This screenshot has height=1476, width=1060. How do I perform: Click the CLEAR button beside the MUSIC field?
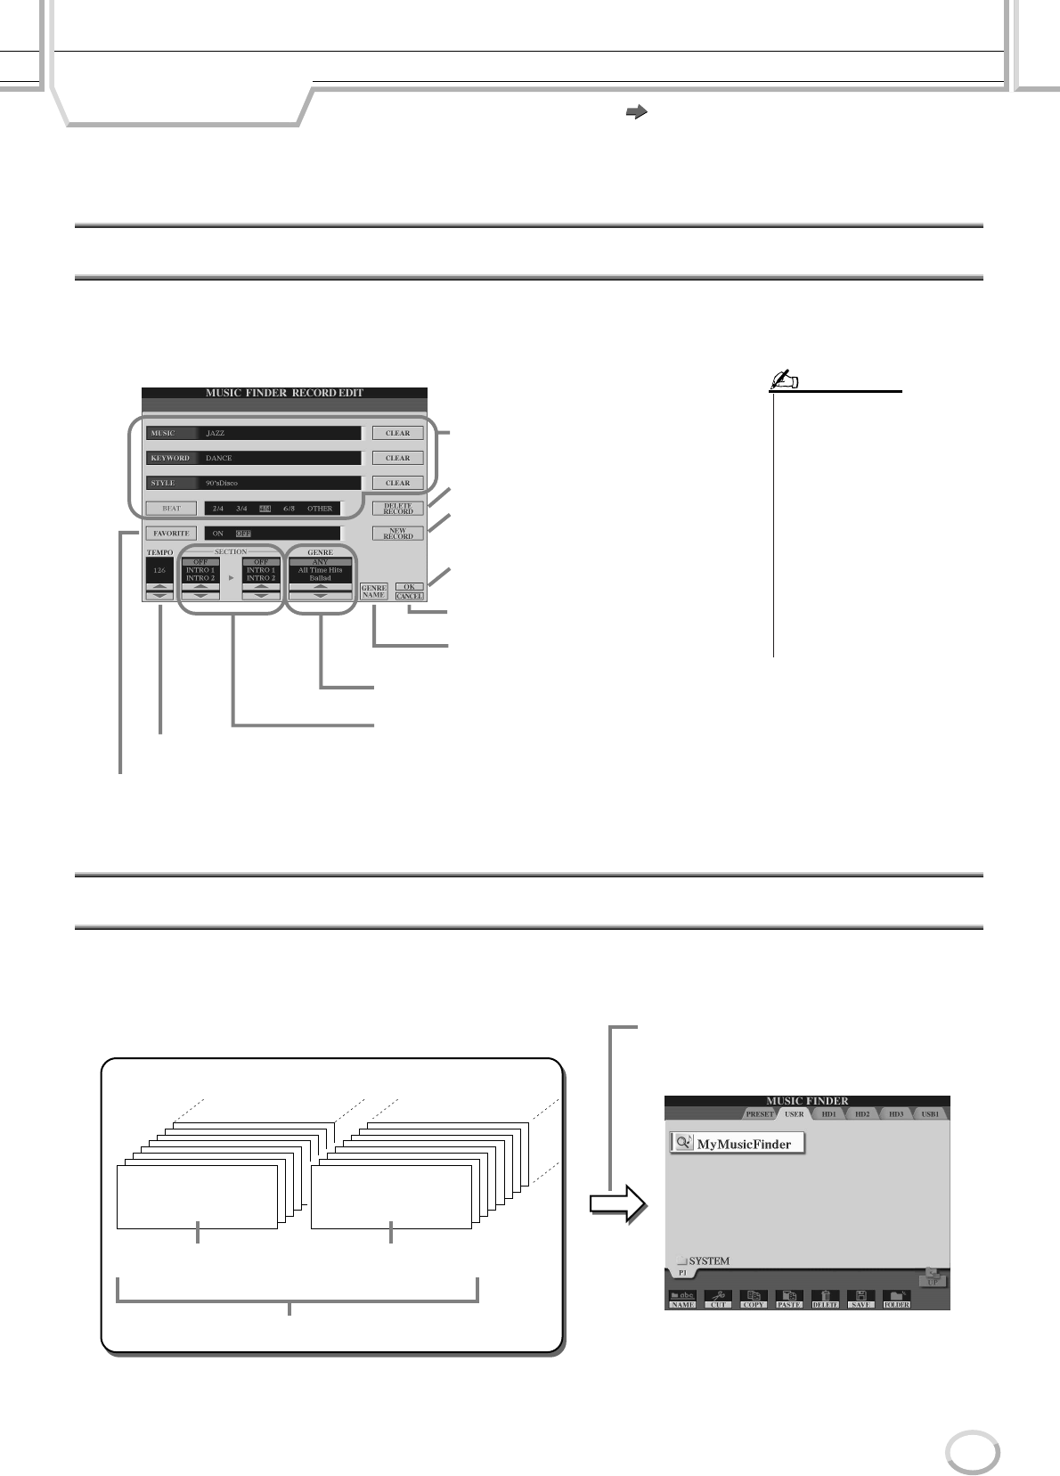(x=397, y=434)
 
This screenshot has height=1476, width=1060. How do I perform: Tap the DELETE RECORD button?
(x=397, y=509)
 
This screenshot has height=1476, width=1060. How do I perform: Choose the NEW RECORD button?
(x=397, y=534)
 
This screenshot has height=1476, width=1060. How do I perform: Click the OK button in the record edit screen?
(x=409, y=586)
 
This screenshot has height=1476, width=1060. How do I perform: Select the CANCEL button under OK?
(x=409, y=596)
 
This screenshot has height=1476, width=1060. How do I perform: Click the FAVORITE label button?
(x=171, y=534)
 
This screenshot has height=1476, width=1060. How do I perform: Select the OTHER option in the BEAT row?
(x=320, y=509)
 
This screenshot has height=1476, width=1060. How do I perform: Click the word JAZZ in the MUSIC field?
(x=216, y=434)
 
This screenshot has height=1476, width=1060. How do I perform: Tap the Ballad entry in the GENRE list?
(x=320, y=578)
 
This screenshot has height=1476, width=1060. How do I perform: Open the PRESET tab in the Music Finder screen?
(x=760, y=1114)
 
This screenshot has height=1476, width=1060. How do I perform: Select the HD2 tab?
(x=862, y=1114)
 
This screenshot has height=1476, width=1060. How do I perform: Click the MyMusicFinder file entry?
(x=737, y=1144)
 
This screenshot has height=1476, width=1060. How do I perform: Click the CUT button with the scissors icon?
(x=718, y=1300)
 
